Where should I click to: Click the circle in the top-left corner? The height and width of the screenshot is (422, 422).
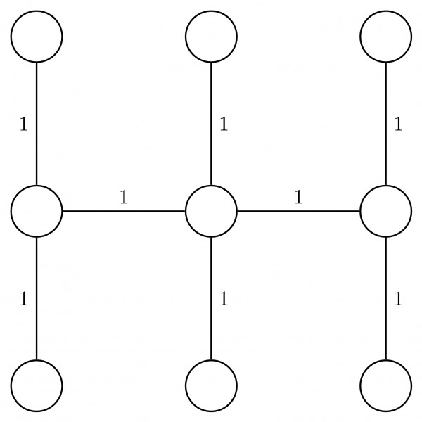point(37,36)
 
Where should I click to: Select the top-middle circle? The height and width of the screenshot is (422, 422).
point(211,36)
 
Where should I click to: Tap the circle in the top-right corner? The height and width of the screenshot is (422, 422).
point(385,36)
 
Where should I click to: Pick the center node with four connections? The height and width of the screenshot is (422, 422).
point(211,210)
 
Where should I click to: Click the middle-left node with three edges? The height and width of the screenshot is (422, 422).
point(37,210)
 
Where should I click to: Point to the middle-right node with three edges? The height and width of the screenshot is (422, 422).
point(385,210)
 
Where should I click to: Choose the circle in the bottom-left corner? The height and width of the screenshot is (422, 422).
point(37,385)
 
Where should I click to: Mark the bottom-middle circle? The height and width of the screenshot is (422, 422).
point(211,385)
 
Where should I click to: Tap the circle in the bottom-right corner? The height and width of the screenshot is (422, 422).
point(385,385)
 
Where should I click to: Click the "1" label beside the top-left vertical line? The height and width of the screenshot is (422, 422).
point(23,124)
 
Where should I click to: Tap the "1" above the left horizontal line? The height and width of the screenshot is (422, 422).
point(124,197)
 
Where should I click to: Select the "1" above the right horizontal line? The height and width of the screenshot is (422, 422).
point(298,197)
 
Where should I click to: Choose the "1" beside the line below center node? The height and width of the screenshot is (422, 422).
point(224,299)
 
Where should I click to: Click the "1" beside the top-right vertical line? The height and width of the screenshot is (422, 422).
point(398,124)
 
